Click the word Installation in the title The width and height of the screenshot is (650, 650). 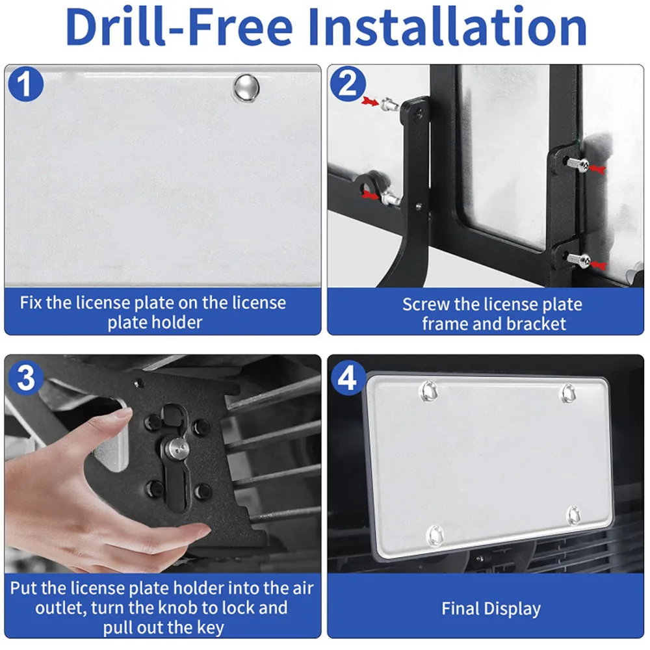tap(447, 27)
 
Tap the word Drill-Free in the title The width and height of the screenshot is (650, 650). tap(179, 27)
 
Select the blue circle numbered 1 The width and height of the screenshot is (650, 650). tap(26, 84)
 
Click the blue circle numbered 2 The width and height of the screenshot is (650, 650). tap(348, 84)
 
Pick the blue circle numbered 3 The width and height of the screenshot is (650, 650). tap(26, 378)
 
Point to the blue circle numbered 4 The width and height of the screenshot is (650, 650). tap(348, 378)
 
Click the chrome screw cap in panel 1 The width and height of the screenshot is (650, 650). tap(246, 88)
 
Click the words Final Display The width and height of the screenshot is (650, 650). tap(491, 609)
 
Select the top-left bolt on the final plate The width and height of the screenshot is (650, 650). tap(428, 391)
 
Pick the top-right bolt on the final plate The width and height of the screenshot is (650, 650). tap(568, 393)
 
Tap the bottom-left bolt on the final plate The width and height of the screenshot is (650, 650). tap(435, 535)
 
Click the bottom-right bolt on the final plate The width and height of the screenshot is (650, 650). tap(574, 515)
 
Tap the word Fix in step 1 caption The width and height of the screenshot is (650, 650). tap(31, 303)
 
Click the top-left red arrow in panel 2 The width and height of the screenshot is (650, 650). tap(370, 101)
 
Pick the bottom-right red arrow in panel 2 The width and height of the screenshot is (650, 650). tap(598, 265)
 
